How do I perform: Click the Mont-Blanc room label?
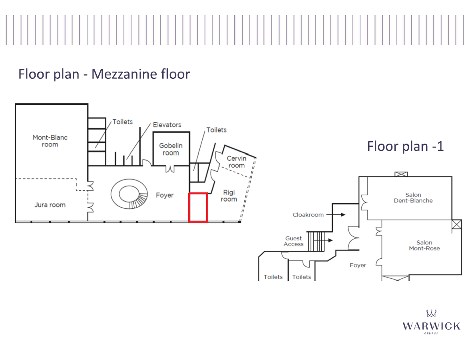tap(50, 141)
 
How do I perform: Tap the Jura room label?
tap(50, 205)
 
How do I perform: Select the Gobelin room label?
tap(171, 149)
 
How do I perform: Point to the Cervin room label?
tap(237, 162)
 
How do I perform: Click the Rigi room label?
tap(229, 196)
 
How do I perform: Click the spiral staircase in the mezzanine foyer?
tap(129, 194)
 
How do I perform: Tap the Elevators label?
tap(167, 125)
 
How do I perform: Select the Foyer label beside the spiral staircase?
tap(164, 195)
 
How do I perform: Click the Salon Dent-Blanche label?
tap(413, 198)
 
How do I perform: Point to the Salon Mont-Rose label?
tap(424, 245)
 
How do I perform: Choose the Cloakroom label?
tap(308, 215)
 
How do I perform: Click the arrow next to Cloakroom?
tap(336, 214)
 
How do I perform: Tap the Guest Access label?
tap(293, 241)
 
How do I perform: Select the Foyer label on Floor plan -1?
tap(358, 265)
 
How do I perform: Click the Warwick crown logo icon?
tap(432, 313)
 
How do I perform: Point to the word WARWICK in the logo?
tap(432, 326)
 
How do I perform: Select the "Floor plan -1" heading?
tap(405, 146)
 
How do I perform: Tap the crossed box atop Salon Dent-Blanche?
tap(401, 174)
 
